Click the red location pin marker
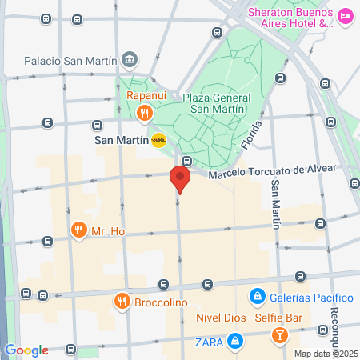[x=180, y=179]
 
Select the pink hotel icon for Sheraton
[x=346, y=15]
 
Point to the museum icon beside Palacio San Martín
[x=130, y=60]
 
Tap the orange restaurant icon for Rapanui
[x=145, y=113]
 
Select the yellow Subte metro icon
[x=158, y=140]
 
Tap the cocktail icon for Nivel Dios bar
[x=280, y=334]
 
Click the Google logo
[x=26, y=350]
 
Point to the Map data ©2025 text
[x=325, y=354]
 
